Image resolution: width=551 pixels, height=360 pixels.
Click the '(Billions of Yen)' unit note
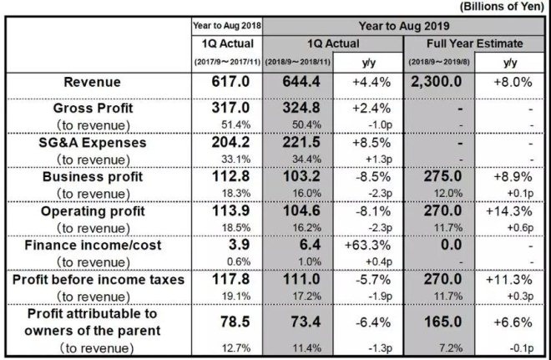pos(502,7)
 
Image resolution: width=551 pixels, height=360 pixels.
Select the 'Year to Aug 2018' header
pos(227,26)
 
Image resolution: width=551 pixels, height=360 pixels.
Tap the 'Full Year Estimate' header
pos(474,43)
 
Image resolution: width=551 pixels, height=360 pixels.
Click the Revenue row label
pos(92,82)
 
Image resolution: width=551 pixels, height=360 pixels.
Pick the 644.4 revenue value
pos(301,82)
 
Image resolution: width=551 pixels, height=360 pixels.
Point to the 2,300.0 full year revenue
pos(436,82)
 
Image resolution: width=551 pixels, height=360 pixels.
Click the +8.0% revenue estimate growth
pos(513,82)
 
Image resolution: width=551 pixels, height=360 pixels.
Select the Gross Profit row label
pos(94,108)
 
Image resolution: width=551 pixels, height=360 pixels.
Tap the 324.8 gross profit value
pos(301,108)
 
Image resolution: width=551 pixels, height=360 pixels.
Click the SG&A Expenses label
pos(93,142)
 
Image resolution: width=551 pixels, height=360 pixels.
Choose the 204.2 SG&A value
pos(230,142)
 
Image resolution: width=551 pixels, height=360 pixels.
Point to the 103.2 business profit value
pos(301,176)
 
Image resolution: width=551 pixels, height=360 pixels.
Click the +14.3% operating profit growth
pos(508,211)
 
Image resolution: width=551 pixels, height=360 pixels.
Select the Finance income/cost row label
pos(93,245)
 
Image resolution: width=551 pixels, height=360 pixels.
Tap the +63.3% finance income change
pos(367,245)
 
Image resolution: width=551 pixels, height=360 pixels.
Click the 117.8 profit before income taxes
pos(230,279)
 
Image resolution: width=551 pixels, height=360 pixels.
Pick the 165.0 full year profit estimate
pos(442,322)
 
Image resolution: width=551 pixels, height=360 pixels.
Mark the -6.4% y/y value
pos(373,322)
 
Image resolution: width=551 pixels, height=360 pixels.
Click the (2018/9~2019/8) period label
pos(439,62)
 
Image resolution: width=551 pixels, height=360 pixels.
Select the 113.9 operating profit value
pos(230,210)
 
